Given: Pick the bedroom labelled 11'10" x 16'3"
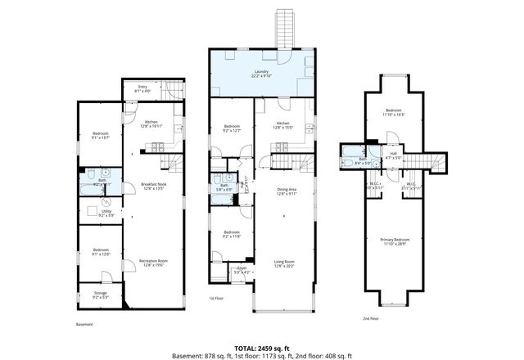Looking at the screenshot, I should click(395, 112).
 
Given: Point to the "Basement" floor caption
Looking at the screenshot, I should click(84, 324).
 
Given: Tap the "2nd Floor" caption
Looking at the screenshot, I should click(371, 319).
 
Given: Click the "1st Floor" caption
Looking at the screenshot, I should click(216, 298).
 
